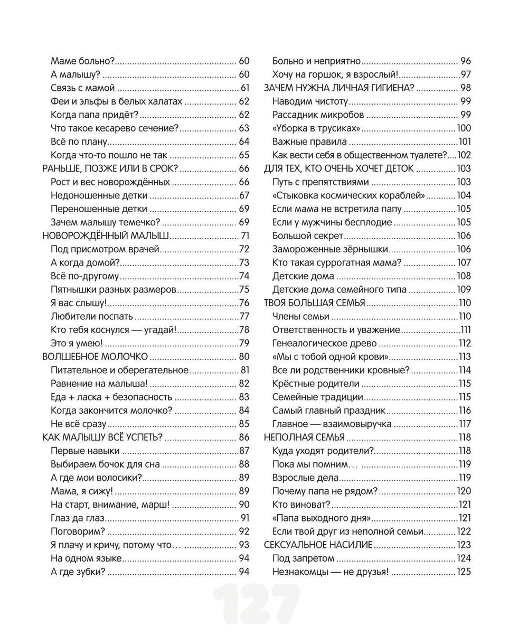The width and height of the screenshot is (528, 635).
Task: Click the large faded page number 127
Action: click(257, 606)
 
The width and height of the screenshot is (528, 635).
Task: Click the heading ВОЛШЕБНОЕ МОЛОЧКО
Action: click(94, 356)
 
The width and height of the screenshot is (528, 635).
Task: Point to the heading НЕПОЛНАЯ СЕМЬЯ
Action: click(304, 437)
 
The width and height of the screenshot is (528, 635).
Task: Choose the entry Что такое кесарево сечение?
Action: click(115, 128)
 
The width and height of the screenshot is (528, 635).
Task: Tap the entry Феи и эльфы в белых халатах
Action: click(116, 101)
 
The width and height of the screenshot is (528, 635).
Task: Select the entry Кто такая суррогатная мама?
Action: click(337, 262)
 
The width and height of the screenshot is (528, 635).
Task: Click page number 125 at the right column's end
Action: click(464, 571)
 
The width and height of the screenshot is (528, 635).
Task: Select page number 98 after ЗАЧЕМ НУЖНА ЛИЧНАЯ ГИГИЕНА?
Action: click(465, 88)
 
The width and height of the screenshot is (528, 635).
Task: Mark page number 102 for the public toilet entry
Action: click(464, 155)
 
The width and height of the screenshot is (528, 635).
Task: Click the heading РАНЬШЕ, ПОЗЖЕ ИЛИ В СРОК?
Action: click(108, 168)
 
